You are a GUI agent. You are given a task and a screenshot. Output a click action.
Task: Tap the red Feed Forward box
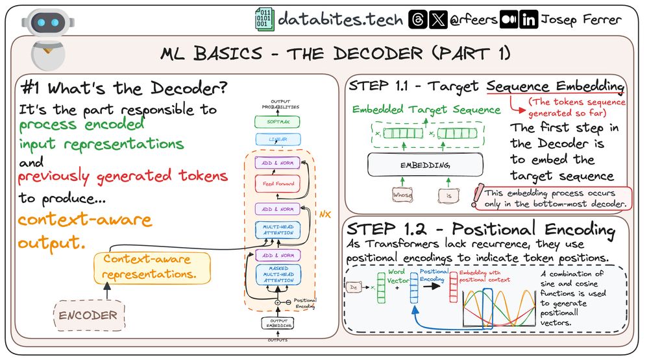click(278, 184)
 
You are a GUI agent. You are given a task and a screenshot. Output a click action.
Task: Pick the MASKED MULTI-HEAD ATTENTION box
click(278, 274)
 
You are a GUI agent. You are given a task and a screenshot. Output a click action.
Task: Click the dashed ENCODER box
click(89, 316)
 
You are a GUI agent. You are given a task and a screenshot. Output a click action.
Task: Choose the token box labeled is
click(448, 194)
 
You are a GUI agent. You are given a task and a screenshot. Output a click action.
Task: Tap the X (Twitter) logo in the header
click(439, 20)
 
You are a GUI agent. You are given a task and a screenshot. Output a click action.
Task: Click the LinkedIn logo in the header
click(529, 20)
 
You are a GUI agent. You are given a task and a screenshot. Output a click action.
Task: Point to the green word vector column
click(381, 288)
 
